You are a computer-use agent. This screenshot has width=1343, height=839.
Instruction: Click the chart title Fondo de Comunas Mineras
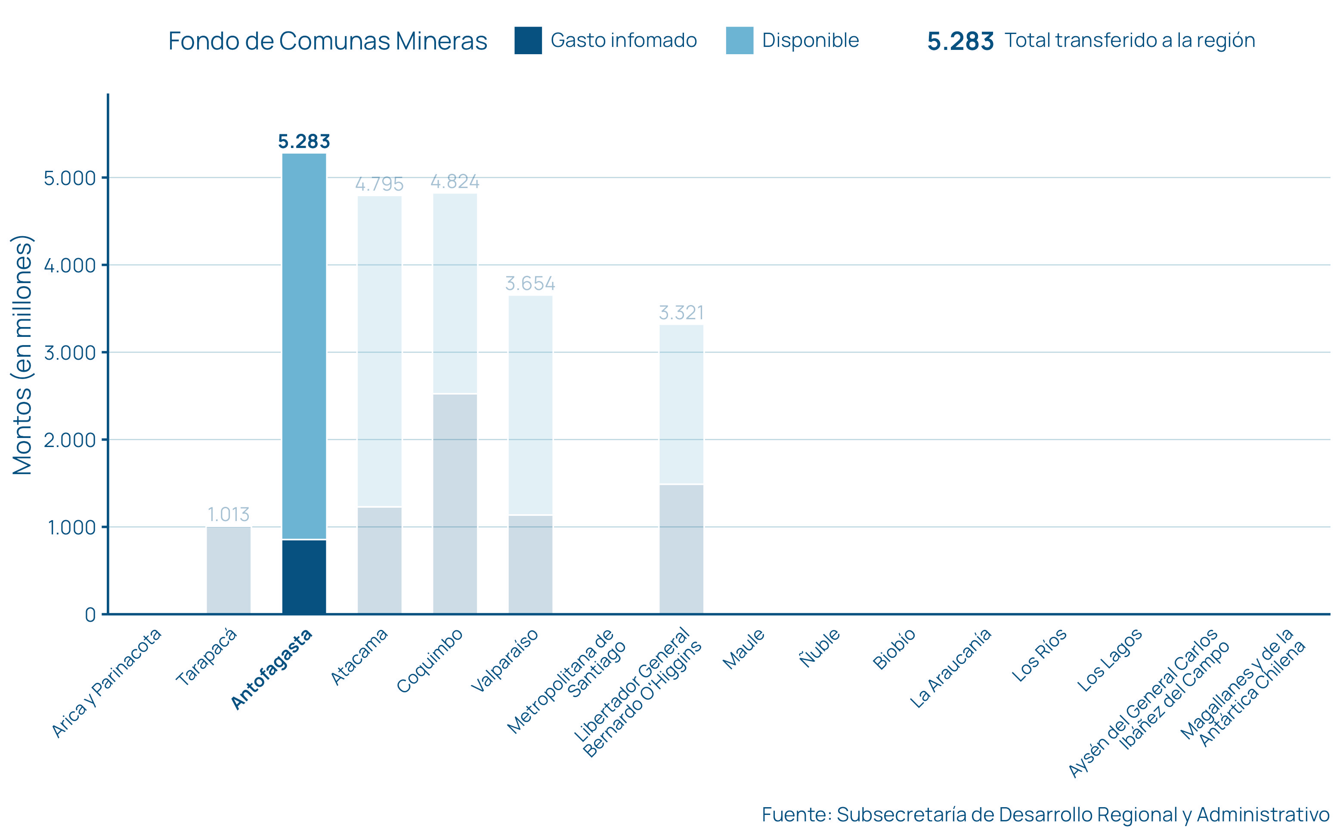328,41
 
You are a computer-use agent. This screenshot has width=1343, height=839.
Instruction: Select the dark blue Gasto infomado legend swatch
528,40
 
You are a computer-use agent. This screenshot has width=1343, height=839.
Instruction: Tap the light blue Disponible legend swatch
739,40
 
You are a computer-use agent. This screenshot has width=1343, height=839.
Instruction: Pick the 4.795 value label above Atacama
379,184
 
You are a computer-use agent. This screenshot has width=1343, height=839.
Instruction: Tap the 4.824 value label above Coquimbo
455,182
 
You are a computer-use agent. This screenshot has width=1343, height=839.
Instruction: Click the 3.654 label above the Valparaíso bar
530,284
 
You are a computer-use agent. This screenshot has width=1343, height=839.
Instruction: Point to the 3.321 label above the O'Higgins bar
681,313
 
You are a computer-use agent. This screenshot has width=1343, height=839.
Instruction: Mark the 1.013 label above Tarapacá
228,515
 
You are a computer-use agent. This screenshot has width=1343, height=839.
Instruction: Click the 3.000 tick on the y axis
70,353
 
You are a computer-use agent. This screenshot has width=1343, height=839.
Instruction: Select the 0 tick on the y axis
90,615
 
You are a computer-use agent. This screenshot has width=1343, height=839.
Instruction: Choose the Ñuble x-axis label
820,648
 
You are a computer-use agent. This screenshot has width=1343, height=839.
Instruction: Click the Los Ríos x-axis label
1039,655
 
